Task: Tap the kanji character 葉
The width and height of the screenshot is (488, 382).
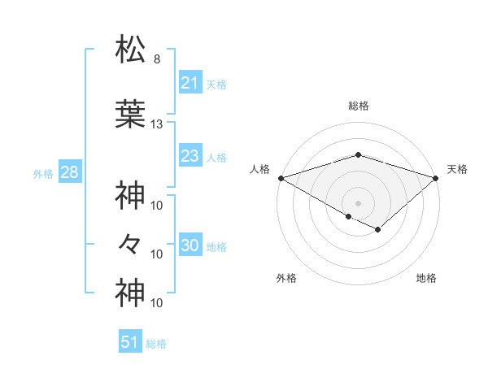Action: [x=131, y=114]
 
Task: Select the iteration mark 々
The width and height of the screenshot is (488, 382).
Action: [x=131, y=243]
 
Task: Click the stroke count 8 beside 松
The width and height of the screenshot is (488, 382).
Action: [x=156, y=59]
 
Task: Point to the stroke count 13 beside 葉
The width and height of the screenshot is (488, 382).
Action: [x=157, y=124]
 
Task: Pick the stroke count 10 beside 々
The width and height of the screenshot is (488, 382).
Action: [x=157, y=254]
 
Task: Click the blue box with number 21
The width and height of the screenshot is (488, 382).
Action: [x=190, y=83]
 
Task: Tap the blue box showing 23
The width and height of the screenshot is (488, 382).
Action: [x=190, y=156]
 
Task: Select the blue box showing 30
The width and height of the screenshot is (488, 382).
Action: [x=190, y=246]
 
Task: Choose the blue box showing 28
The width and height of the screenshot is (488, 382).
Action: [x=69, y=173]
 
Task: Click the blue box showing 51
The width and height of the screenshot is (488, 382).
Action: [x=130, y=342]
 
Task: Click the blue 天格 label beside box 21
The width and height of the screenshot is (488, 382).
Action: [x=216, y=84]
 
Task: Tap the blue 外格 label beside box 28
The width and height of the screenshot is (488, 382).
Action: [x=43, y=174]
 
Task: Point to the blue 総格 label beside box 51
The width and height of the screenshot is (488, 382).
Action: [x=156, y=343]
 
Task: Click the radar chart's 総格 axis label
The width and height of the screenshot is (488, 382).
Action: [x=358, y=106]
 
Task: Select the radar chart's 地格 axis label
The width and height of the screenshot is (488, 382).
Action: [x=426, y=278]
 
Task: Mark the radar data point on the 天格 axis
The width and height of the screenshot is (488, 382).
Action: [x=437, y=177]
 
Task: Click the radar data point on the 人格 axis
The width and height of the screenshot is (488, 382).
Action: [x=280, y=177]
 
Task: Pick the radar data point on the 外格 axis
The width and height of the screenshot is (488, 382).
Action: [x=348, y=216]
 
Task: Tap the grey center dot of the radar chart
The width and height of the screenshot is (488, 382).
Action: [x=358, y=202]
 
